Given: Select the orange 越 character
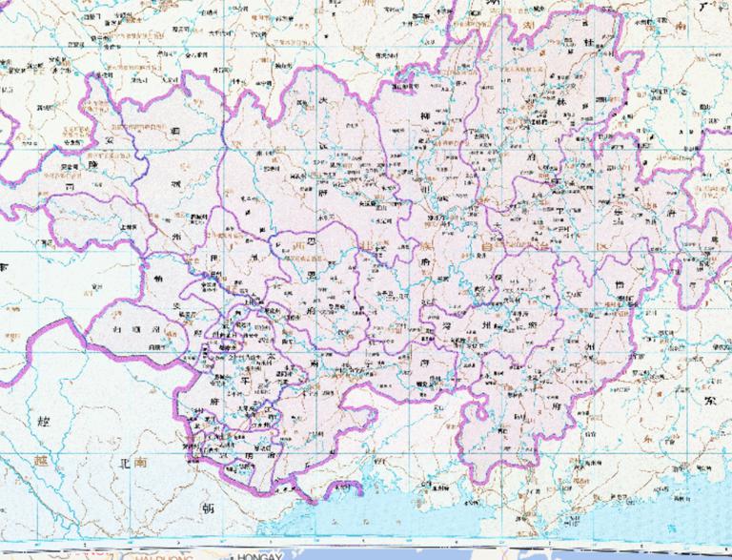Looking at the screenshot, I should (x=38, y=459).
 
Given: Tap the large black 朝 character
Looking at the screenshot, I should (x=203, y=507).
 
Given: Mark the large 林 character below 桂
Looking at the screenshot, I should (x=562, y=100).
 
